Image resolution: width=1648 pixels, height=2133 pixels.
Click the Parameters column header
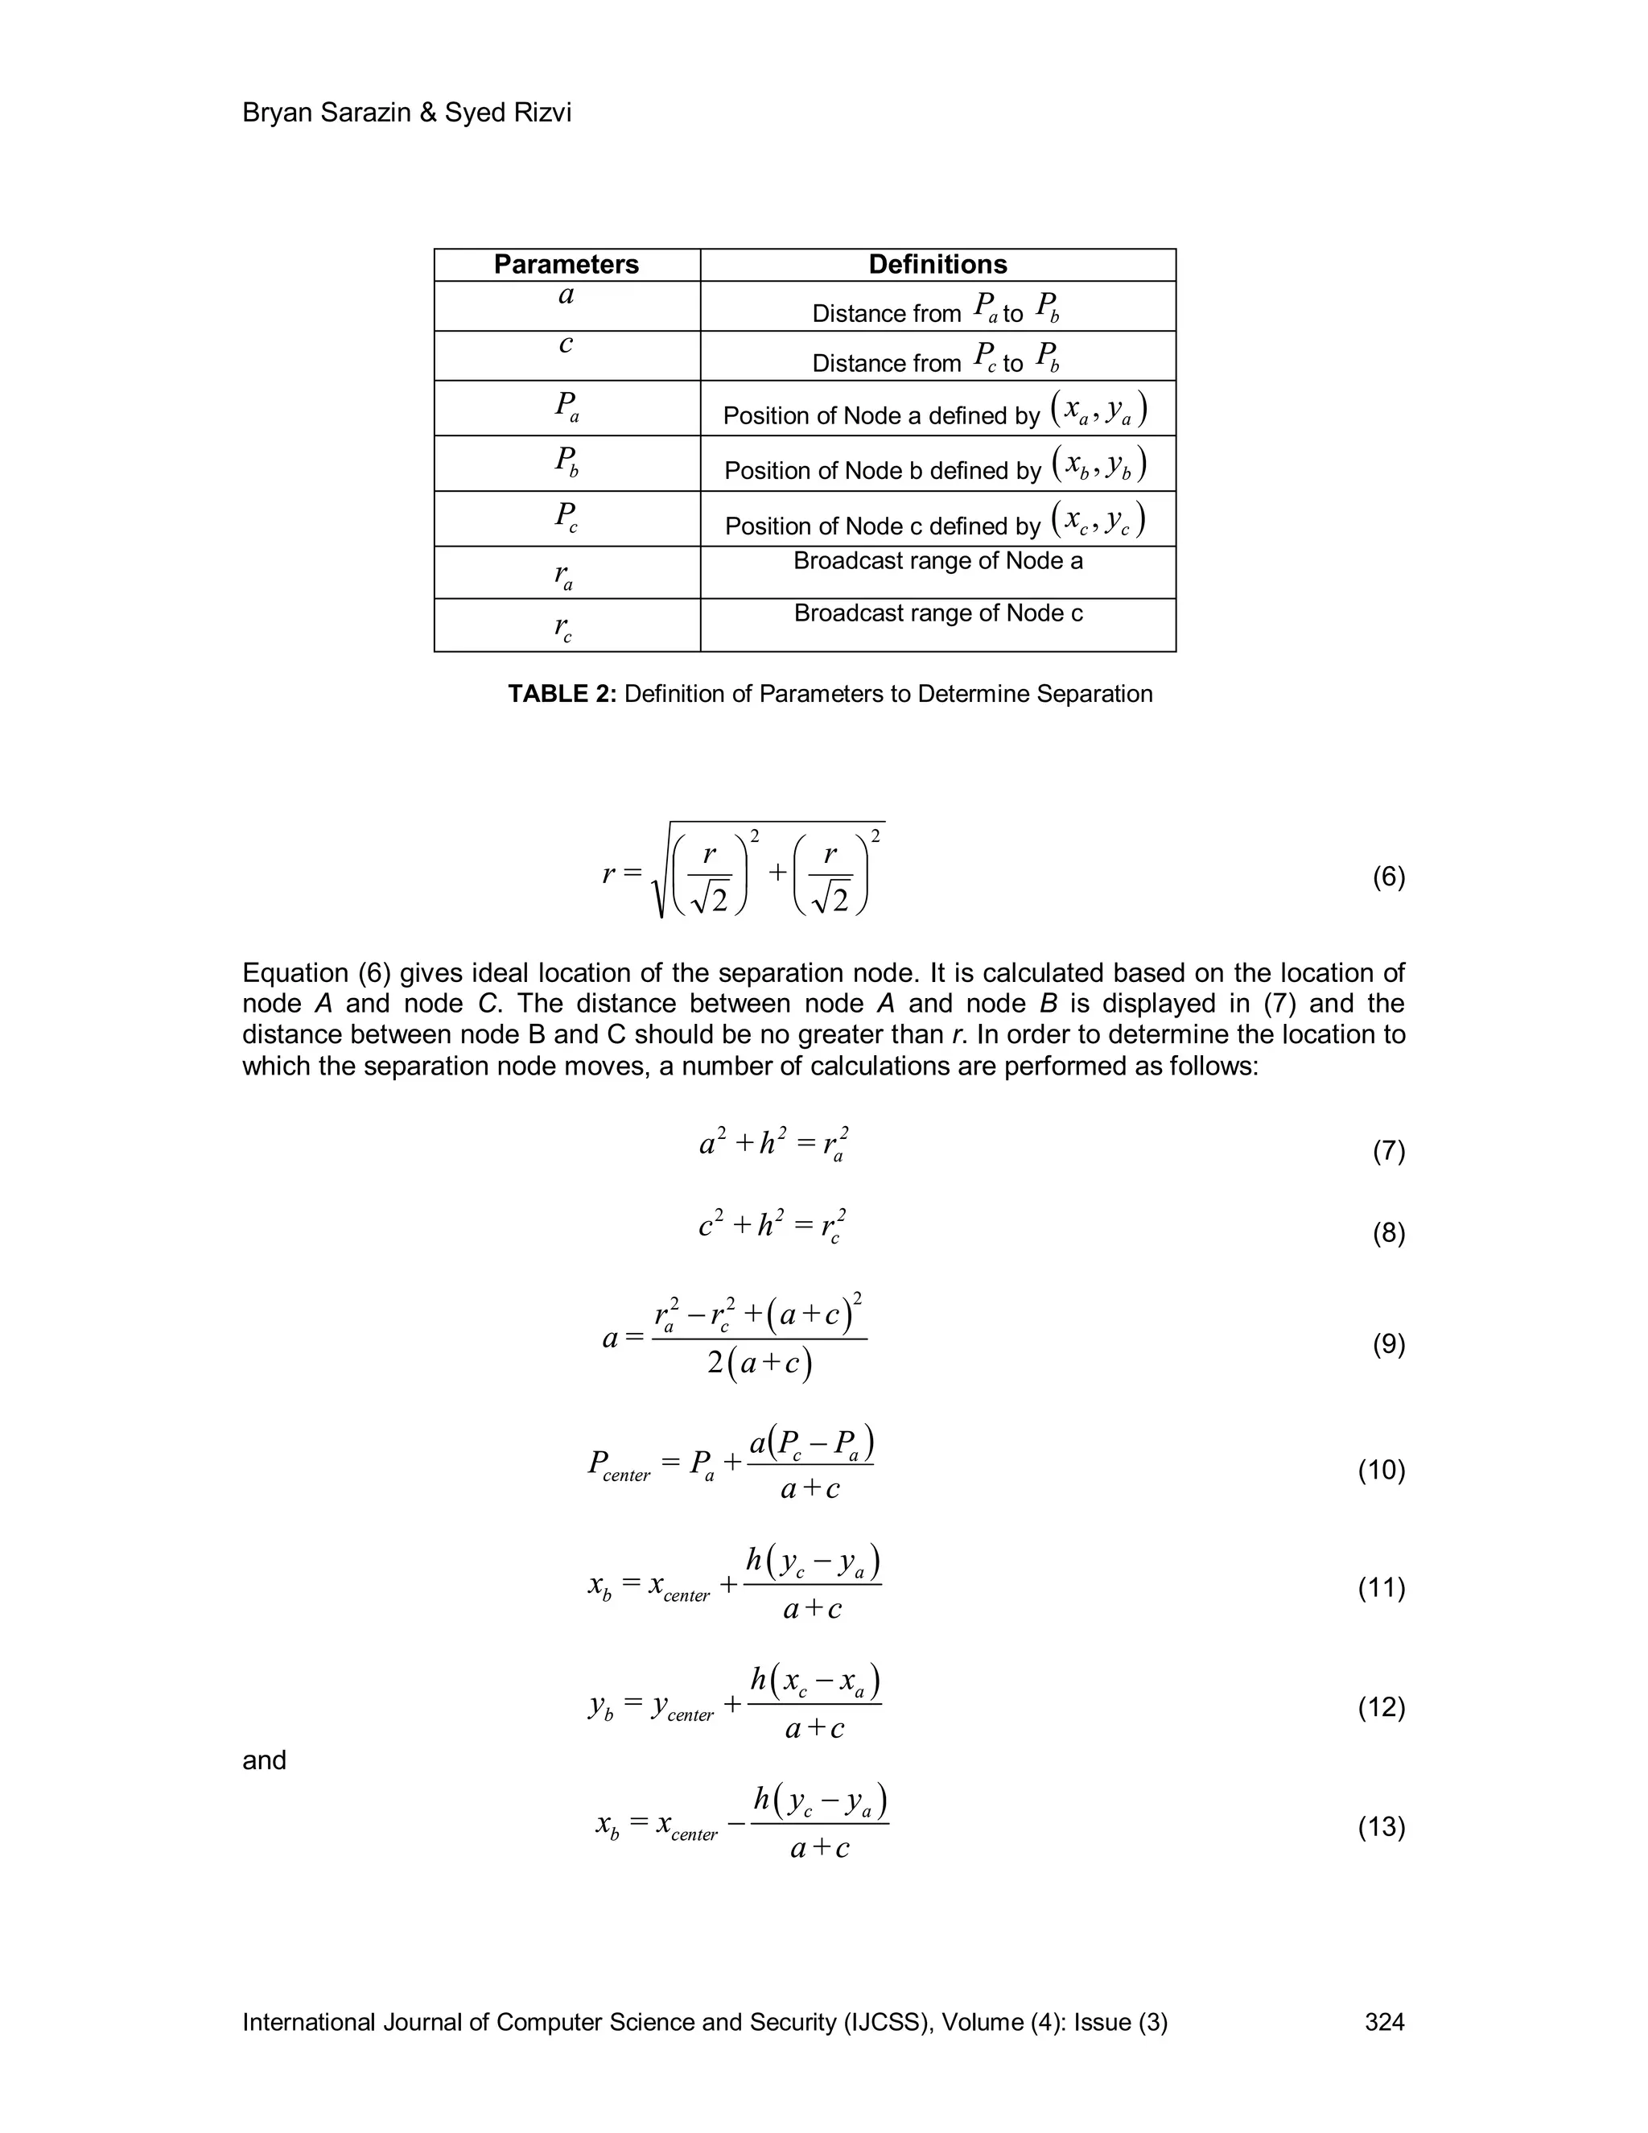tap(566, 265)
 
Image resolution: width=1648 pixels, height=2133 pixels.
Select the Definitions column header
tap(937, 265)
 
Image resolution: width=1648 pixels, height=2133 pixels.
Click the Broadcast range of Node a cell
tap(937, 562)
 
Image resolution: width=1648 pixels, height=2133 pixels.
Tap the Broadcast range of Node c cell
tap(937, 613)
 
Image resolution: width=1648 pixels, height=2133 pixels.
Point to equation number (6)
tap(1388, 877)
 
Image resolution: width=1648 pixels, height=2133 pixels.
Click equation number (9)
tap(1388, 1345)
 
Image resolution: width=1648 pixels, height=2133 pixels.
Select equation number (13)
tap(1382, 1826)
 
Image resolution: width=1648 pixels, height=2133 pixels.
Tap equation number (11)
tap(1382, 1587)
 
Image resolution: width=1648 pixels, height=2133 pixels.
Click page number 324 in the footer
tap(1384, 2023)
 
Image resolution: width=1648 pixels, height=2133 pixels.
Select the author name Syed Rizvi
tap(508, 113)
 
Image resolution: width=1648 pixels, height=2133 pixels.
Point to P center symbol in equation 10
tap(618, 1465)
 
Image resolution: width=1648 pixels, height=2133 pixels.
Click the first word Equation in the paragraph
tap(295, 973)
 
